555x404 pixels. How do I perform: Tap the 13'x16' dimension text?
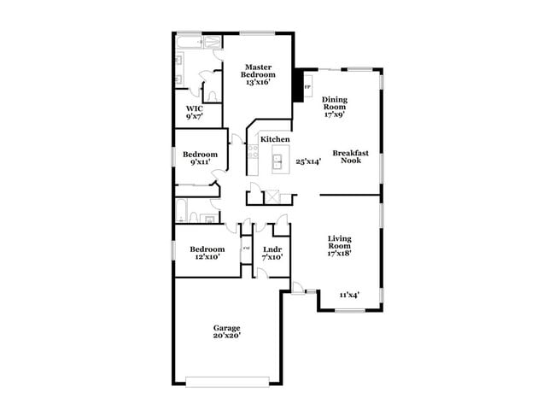point(258,83)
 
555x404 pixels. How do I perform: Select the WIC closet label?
point(195,108)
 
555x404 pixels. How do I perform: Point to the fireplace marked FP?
point(307,86)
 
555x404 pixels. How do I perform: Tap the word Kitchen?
point(275,139)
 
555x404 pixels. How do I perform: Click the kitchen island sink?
point(277,159)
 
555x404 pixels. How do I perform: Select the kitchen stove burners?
point(254,152)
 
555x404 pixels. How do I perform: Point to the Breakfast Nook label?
point(351,156)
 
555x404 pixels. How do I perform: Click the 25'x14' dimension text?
point(308,161)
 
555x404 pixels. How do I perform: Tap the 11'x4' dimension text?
point(349,295)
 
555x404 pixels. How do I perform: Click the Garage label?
point(226,328)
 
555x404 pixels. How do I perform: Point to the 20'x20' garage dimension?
point(226,337)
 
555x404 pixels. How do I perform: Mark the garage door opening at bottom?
point(227,380)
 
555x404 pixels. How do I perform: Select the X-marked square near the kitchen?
point(272,197)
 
